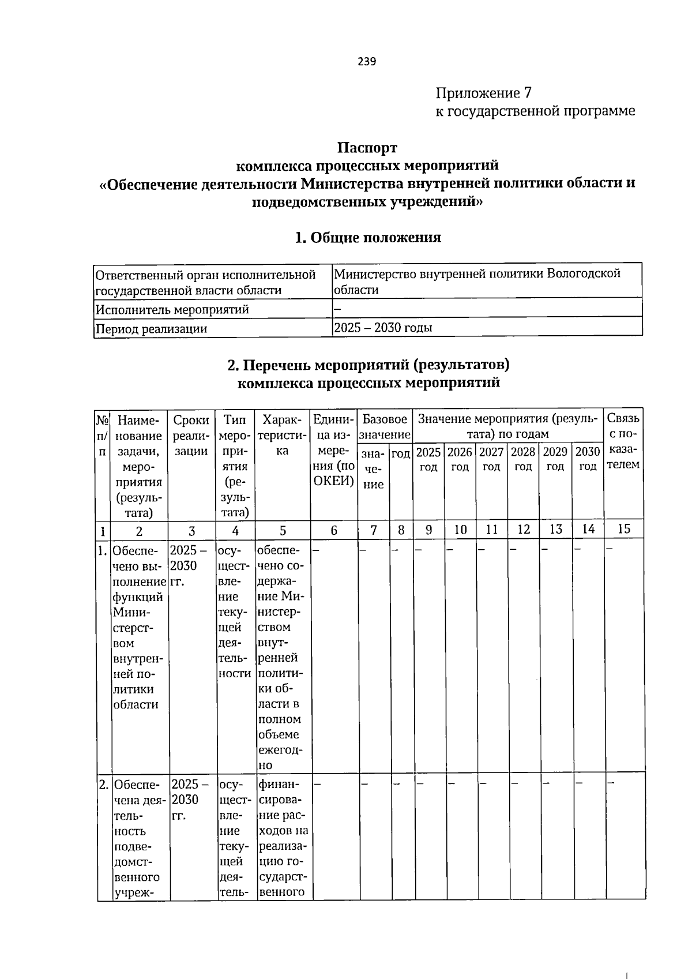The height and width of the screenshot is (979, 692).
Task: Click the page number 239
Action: point(367,62)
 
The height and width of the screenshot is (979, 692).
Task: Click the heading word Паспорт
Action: point(367,148)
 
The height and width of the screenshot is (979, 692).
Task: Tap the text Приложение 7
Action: point(483,93)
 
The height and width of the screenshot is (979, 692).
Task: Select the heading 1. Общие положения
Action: point(367,238)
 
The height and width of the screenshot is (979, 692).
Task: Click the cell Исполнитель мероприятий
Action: point(172,310)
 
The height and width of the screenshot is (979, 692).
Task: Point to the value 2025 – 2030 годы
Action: point(383,328)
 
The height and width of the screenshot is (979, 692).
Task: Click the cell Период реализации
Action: point(152,329)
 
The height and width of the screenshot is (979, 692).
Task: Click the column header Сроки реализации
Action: point(191,434)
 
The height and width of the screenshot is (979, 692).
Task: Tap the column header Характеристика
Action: point(282,434)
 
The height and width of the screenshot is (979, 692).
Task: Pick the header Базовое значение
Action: point(385,426)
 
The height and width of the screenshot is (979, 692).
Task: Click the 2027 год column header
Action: point(491,459)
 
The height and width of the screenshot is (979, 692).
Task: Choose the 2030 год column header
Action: point(588,459)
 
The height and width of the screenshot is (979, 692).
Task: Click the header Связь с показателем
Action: point(623,441)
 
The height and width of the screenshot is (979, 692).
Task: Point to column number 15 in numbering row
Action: point(623,528)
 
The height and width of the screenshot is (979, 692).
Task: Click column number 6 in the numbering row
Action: point(334,530)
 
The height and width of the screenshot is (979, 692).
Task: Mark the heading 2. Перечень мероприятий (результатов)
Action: point(368,365)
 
